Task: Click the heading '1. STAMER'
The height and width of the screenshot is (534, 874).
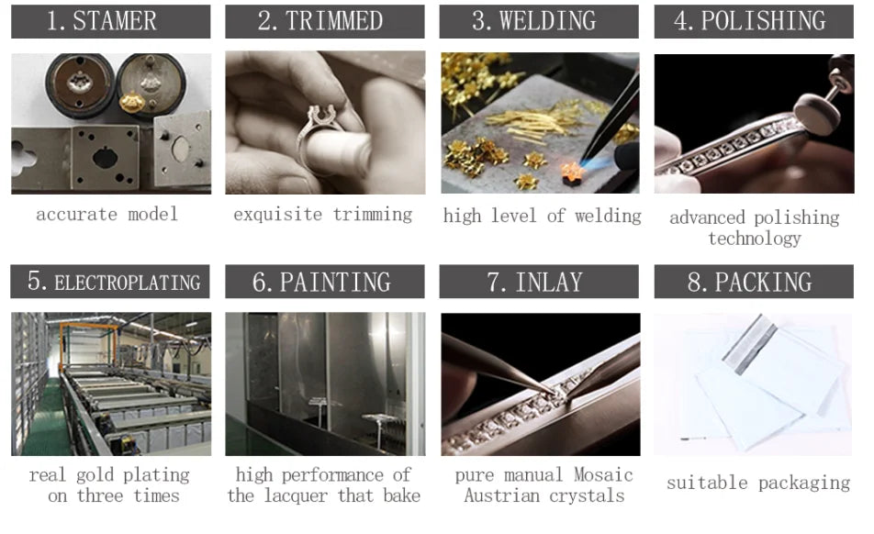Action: (101, 21)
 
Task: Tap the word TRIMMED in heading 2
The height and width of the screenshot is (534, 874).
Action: (334, 21)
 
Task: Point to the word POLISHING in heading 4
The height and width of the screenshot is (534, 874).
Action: (763, 21)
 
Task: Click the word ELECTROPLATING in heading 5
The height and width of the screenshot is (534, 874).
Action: (128, 283)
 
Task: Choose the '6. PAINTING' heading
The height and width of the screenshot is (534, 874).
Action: (321, 282)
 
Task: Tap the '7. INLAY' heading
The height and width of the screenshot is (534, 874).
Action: (534, 282)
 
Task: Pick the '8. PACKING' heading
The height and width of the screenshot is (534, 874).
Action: (750, 282)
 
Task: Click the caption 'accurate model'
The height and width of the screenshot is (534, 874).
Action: (107, 215)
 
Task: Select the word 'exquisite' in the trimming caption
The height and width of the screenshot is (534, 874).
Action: (277, 215)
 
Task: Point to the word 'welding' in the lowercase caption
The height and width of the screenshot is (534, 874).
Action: (608, 216)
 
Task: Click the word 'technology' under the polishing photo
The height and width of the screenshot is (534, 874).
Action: (755, 239)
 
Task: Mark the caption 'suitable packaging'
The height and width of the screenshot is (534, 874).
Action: (758, 483)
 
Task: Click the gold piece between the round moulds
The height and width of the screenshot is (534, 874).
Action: (132, 103)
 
